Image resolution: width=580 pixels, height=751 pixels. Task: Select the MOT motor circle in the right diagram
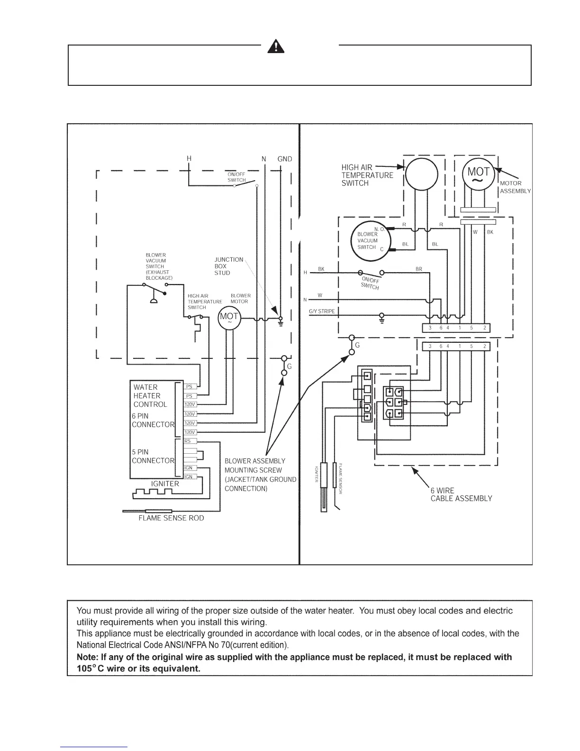[478, 174]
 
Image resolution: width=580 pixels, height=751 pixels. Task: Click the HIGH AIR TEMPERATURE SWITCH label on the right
[367, 175]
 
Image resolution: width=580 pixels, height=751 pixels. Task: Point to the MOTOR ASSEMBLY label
[515, 187]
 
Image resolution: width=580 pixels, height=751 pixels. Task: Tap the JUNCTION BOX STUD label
[228, 266]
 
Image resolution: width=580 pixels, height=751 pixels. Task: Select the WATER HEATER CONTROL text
[150, 396]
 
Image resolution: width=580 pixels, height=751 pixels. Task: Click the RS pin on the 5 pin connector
[188, 441]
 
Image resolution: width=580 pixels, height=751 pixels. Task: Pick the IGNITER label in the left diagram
[165, 484]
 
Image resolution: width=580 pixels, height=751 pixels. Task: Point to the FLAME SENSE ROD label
[171, 518]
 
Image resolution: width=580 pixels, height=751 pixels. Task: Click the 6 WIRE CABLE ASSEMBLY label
[461, 495]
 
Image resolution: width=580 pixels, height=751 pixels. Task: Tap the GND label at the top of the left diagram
[284, 159]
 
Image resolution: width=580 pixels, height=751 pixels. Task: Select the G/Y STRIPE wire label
[322, 311]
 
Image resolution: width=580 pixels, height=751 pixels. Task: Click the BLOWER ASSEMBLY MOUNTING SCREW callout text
[260, 475]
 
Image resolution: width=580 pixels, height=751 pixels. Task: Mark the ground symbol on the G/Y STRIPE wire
[382, 317]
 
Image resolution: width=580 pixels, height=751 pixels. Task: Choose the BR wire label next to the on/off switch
[419, 269]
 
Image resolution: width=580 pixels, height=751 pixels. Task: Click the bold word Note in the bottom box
[87, 657]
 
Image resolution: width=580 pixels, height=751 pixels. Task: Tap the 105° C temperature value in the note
[90, 669]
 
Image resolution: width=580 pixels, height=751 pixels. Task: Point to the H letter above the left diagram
[189, 158]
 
